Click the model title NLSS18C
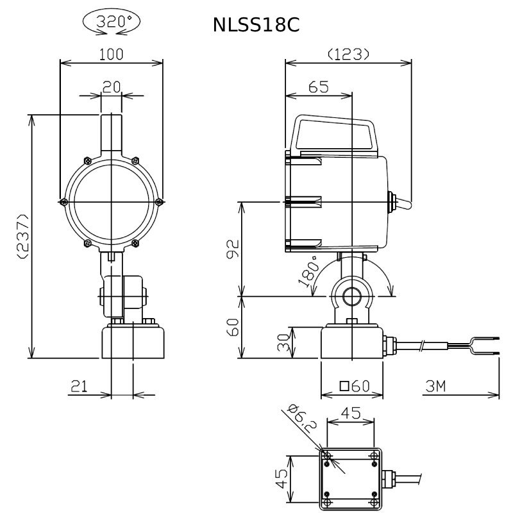point(256,25)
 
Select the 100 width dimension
point(111,55)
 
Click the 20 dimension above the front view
point(111,87)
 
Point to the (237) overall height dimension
point(24,236)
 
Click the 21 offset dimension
point(80,387)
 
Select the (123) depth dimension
point(348,55)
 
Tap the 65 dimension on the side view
point(318,87)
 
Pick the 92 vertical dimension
point(233,249)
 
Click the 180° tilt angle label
point(309,271)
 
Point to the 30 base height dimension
point(283,342)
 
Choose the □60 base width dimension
point(355,387)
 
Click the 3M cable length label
point(435,387)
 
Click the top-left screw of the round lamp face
point(88,161)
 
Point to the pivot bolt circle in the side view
point(351,296)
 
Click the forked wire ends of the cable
point(484,346)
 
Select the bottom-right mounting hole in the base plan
point(374,502)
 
